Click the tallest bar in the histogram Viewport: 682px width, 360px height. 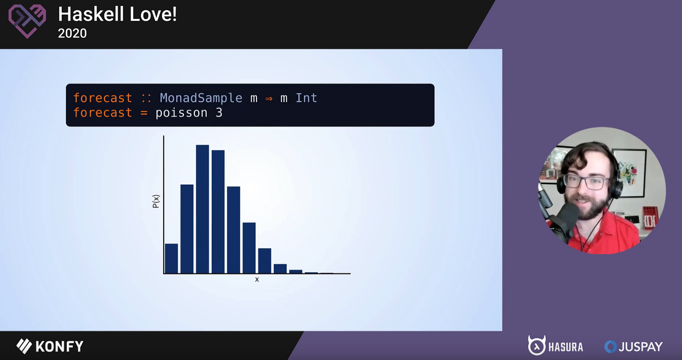click(202, 209)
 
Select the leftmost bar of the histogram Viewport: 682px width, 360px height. click(171, 259)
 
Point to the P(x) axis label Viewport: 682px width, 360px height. click(156, 201)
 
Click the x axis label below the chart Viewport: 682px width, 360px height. click(257, 280)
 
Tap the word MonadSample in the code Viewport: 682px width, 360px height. click(201, 98)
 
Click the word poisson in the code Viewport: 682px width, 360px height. click(182, 113)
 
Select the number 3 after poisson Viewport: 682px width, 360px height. click(219, 113)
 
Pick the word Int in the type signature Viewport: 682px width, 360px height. click(306, 98)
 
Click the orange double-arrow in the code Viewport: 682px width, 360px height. click(269, 98)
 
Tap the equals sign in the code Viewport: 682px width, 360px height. click(144, 113)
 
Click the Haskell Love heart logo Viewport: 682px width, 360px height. click(27, 21)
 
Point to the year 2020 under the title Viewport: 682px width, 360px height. click(72, 34)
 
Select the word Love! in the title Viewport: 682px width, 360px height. click(153, 14)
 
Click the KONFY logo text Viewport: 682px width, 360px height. click(50, 346)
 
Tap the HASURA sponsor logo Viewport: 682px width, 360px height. click(556, 346)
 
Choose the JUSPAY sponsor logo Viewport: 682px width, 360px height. click(634, 347)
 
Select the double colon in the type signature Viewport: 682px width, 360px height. click(146, 98)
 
